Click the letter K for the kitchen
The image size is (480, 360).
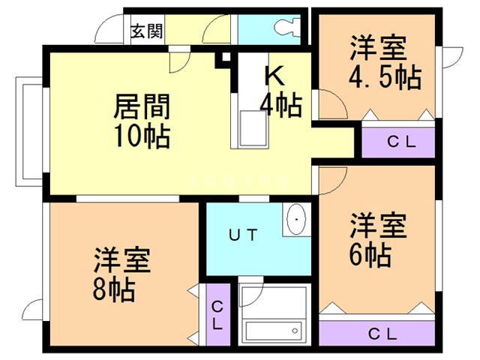click(x=274, y=75)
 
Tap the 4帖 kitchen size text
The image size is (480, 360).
click(x=280, y=104)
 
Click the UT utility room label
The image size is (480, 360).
click(x=244, y=235)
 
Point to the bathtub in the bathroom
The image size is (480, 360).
click(x=273, y=331)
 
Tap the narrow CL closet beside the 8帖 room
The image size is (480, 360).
click(x=217, y=316)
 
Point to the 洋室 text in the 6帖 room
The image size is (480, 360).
click(x=378, y=226)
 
